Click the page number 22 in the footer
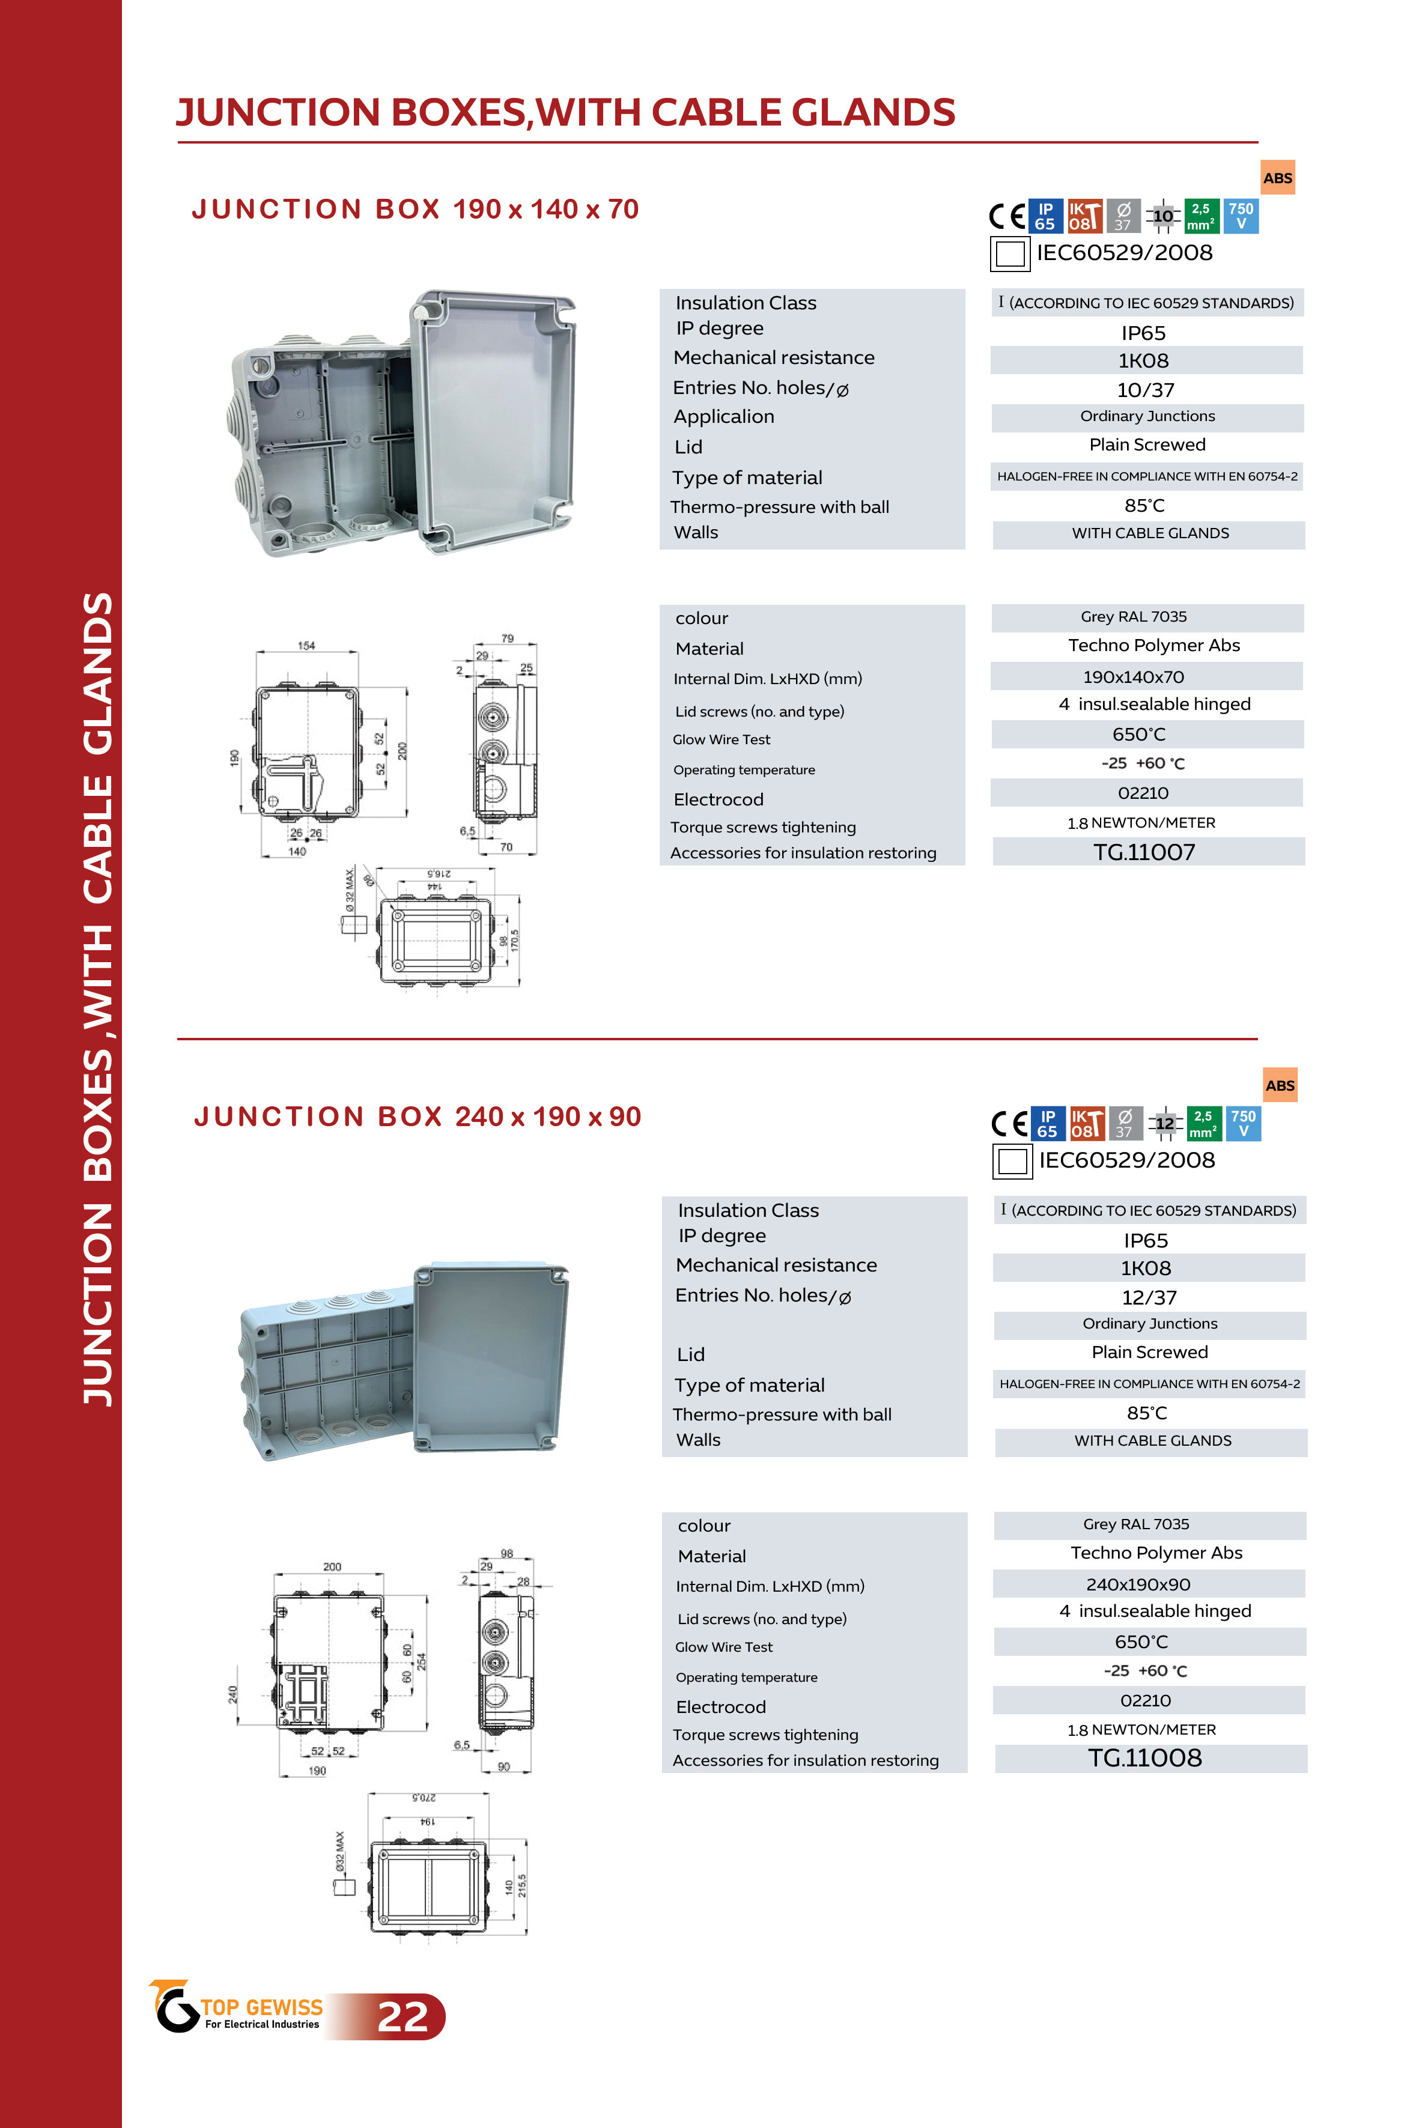point(403,2017)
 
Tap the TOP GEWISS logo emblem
point(174,2007)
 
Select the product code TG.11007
point(1144,852)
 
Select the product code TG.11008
point(1145,1758)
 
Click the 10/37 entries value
point(1145,390)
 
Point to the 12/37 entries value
point(1149,1297)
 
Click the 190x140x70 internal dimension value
point(1133,677)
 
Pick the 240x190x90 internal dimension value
point(1138,1584)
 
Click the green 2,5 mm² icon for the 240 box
point(1203,1124)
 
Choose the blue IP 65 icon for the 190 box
point(1045,216)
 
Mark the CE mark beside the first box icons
point(1006,216)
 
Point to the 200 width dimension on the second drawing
point(332,1567)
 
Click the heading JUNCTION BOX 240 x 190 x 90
point(417,1117)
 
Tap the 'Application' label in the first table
point(723,417)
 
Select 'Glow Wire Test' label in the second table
point(723,1647)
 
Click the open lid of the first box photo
point(493,420)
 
